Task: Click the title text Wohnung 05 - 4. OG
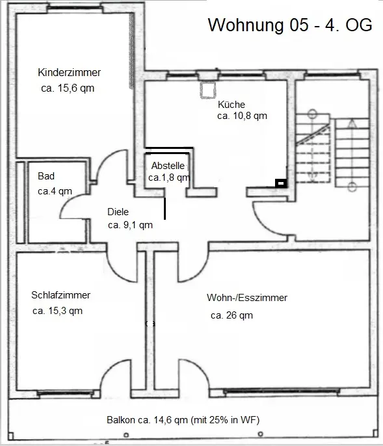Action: pyautogui.click(x=290, y=25)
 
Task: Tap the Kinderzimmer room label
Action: pyautogui.click(x=69, y=72)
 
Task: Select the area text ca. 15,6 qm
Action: pyautogui.click(x=68, y=88)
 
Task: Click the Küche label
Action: pyautogui.click(x=231, y=105)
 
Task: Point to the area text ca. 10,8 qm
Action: pyautogui.click(x=242, y=116)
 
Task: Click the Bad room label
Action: pyautogui.click(x=46, y=176)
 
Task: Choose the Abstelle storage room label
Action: pyautogui.click(x=168, y=166)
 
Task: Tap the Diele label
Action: pyautogui.click(x=118, y=212)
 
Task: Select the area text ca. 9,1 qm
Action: pyautogui.click(x=130, y=225)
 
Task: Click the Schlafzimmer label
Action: pyautogui.click(x=61, y=295)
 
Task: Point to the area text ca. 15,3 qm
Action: pyautogui.click(x=57, y=311)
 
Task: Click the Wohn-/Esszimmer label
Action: pyautogui.click(x=247, y=298)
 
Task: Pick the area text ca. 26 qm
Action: pyautogui.click(x=232, y=315)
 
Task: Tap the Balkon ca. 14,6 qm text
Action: pyautogui.click(x=147, y=420)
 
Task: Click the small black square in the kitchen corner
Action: pyautogui.click(x=281, y=183)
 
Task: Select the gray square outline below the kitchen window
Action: pyautogui.click(x=207, y=90)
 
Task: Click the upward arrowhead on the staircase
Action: pyautogui.click(x=352, y=123)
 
